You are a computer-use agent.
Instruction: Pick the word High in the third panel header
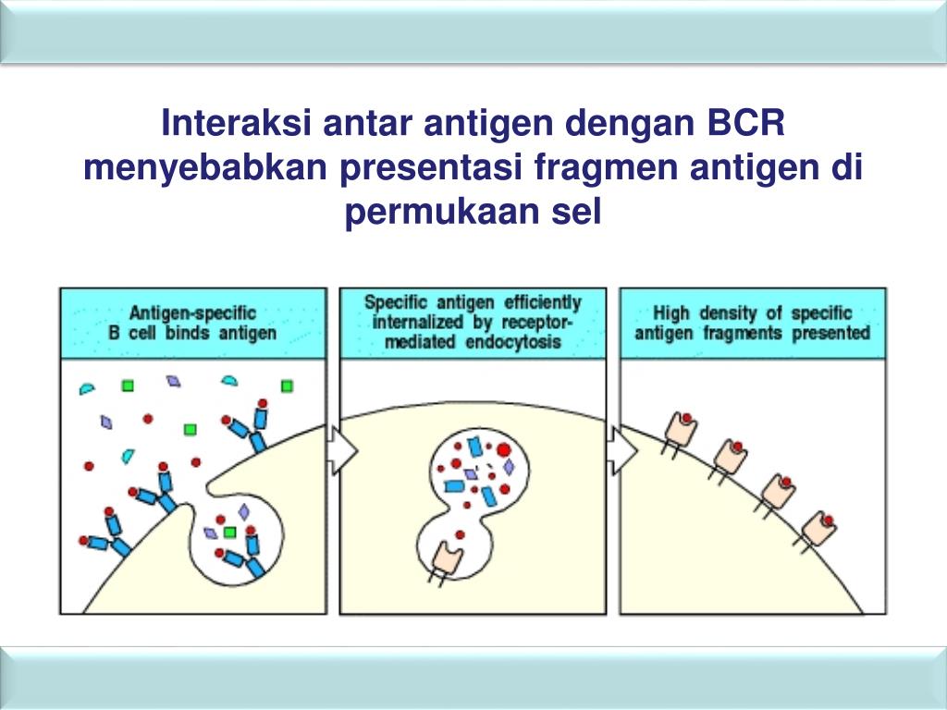671,312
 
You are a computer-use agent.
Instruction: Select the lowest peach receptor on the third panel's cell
818,529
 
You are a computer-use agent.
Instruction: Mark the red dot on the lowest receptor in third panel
828,519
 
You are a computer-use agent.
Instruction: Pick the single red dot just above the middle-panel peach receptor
459,533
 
